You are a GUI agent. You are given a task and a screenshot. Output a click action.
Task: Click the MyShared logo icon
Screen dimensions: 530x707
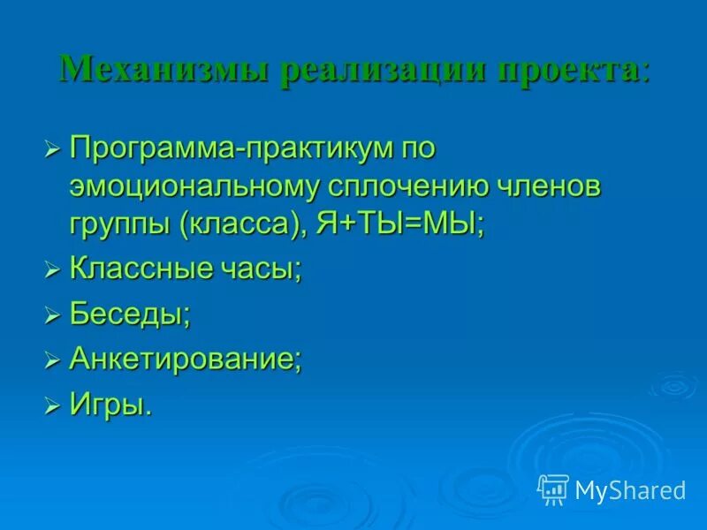(553, 489)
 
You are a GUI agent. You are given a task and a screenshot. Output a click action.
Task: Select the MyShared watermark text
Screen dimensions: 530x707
(630, 490)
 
